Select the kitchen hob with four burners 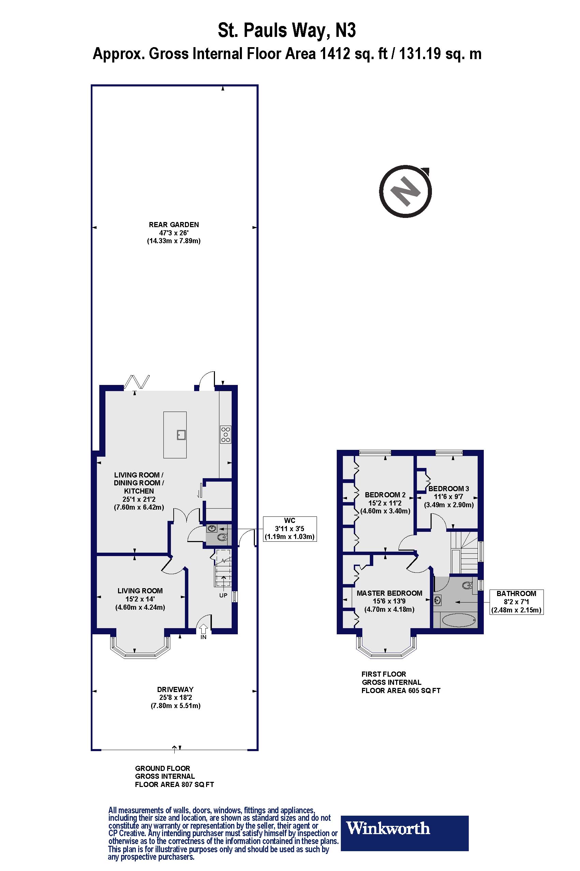(x=225, y=435)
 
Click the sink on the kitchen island (x=181, y=434)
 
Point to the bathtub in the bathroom (x=458, y=620)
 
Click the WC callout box (x=290, y=528)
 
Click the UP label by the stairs (x=223, y=595)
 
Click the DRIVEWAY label (x=175, y=690)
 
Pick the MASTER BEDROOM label (x=389, y=593)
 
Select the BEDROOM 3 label (x=448, y=489)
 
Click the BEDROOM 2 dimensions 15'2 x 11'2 (x=385, y=503)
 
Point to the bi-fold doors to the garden (x=136, y=382)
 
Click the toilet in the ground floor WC (x=221, y=538)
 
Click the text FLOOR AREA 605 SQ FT (x=401, y=691)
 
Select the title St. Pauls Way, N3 (x=287, y=30)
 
